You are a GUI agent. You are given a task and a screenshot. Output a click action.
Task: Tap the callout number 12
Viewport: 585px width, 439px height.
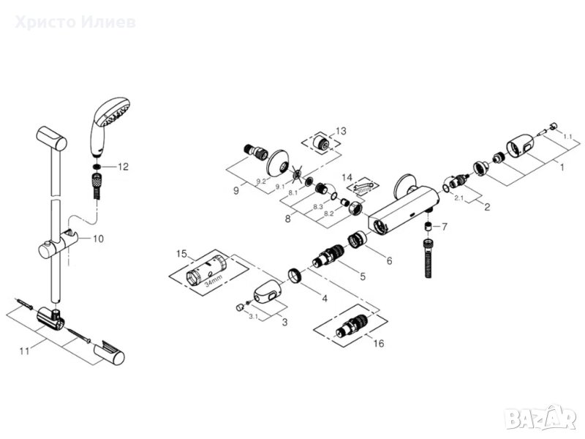point(122,167)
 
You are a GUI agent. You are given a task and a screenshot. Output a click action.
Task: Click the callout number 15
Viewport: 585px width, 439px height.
point(182,254)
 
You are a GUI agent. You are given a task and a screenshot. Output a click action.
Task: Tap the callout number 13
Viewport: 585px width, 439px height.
point(341,131)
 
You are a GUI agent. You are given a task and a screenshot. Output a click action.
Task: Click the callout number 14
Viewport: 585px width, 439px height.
point(347,178)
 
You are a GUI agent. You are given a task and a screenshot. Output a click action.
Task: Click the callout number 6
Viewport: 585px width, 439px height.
point(388,260)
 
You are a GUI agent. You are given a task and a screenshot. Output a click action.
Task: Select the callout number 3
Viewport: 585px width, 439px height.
point(284,322)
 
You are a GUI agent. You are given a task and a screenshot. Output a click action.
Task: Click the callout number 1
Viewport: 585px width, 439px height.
point(561,168)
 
